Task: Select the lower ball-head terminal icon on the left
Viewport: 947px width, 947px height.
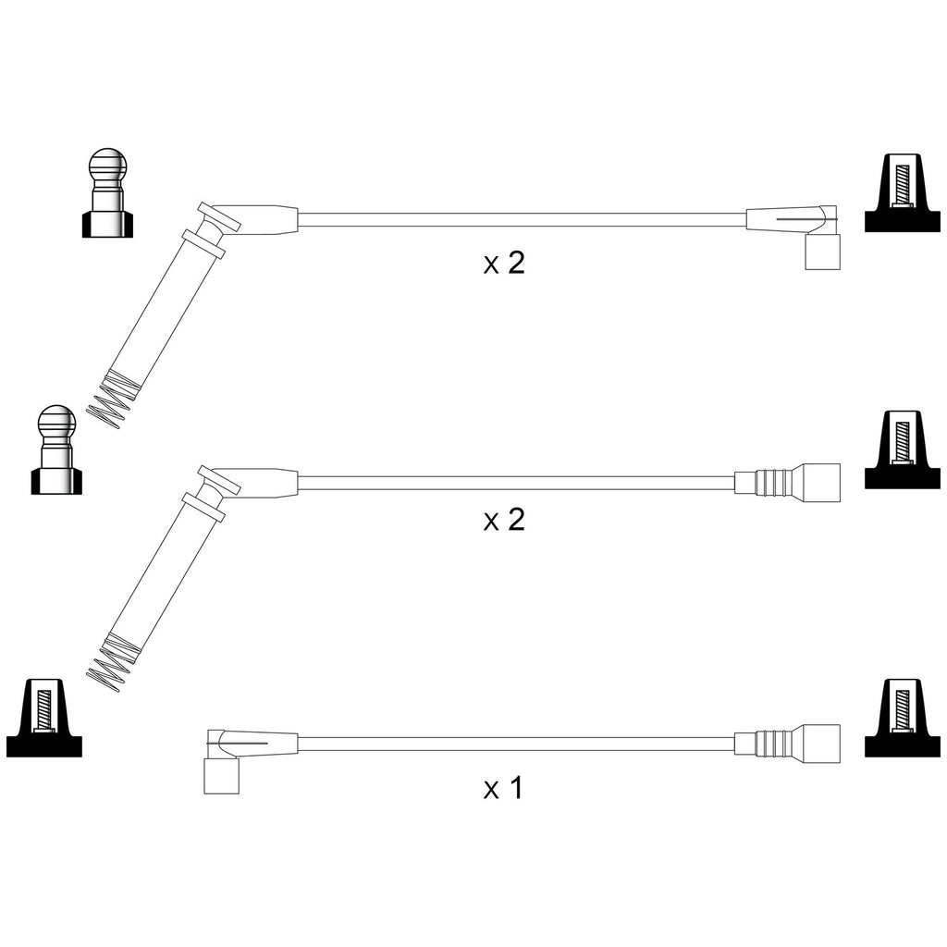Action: click(56, 449)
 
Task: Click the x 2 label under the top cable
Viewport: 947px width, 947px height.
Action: click(504, 264)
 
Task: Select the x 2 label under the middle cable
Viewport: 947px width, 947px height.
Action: click(504, 520)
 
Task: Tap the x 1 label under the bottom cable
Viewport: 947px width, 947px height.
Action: click(504, 789)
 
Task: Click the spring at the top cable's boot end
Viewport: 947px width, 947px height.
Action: click(112, 399)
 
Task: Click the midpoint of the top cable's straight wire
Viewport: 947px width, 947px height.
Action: click(523, 220)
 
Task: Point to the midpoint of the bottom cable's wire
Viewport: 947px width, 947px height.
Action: click(516, 744)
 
